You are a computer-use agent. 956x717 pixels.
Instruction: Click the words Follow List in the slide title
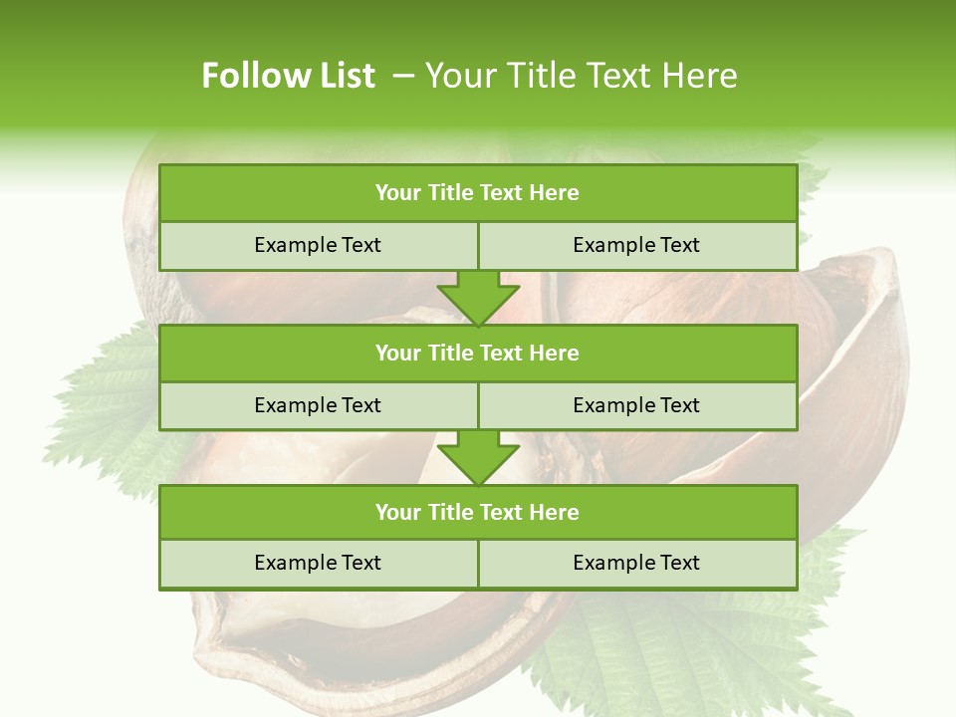[x=288, y=76]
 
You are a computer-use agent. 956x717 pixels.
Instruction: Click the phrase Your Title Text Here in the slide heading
[x=581, y=76]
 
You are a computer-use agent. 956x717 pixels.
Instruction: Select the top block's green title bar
[x=478, y=193]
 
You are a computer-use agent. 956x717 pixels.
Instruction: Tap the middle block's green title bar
[x=478, y=354]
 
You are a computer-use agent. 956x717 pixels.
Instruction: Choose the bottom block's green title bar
[x=478, y=513]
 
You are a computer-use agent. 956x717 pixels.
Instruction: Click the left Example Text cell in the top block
[x=318, y=246]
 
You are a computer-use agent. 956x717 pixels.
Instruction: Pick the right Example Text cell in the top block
[x=636, y=246]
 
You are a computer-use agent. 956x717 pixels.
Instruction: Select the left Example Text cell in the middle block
[x=318, y=406]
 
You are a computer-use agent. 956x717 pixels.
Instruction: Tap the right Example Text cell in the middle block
[x=636, y=406]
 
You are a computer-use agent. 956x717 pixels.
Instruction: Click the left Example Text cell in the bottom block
[x=318, y=564]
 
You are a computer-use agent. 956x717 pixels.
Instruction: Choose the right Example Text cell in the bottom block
[x=636, y=564]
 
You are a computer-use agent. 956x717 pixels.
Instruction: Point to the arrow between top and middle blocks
[x=478, y=298]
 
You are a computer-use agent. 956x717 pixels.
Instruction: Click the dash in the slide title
[x=403, y=76]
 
